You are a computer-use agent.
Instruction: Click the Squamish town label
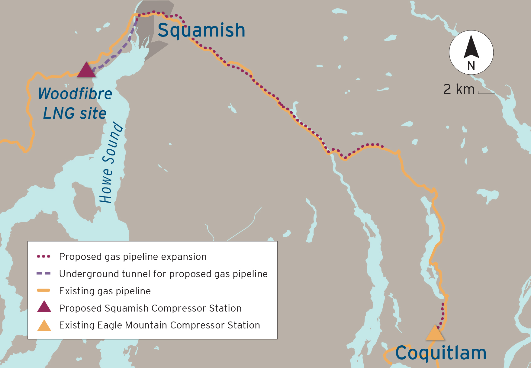(x=201, y=30)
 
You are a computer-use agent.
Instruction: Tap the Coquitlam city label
(x=441, y=353)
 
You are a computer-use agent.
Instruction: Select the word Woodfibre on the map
(x=75, y=94)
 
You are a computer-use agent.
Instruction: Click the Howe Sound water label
(x=111, y=162)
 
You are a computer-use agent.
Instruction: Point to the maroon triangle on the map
(x=86, y=71)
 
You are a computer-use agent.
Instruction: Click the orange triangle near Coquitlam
(x=435, y=334)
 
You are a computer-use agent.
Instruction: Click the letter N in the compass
(x=471, y=66)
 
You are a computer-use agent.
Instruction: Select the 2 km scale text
(x=459, y=89)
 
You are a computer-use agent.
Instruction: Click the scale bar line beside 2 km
(x=486, y=93)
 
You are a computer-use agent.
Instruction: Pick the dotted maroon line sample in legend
(x=43, y=257)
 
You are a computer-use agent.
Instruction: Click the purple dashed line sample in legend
(x=43, y=274)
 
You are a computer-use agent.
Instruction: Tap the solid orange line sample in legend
(x=43, y=290)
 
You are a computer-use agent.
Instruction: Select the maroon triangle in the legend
(x=44, y=307)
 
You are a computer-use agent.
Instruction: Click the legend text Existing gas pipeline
(x=105, y=291)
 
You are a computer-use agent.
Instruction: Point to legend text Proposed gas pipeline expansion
(x=133, y=257)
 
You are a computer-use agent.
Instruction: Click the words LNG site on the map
(x=75, y=114)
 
